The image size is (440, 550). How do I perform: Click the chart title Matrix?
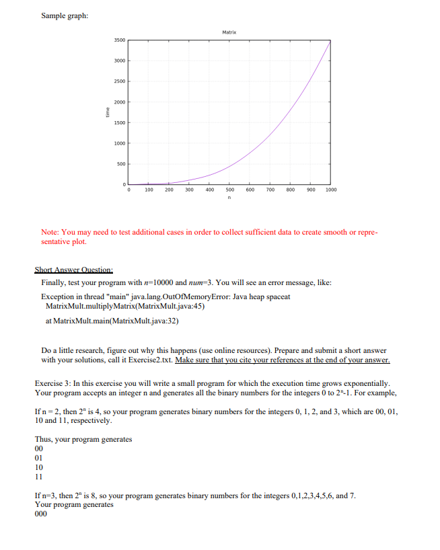pyautogui.click(x=229, y=32)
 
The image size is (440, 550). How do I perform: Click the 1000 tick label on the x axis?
pyautogui.click(x=330, y=191)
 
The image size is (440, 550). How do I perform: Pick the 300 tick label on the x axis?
pyautogui.click(x=189, y=191)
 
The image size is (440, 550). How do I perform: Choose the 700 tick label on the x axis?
pyautogui.click(x=270, y=191)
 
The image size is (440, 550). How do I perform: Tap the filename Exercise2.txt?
pyautogui.click(x=150, y=360)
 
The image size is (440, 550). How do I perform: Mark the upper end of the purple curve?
pyautogui.click(x=330, y=40)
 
